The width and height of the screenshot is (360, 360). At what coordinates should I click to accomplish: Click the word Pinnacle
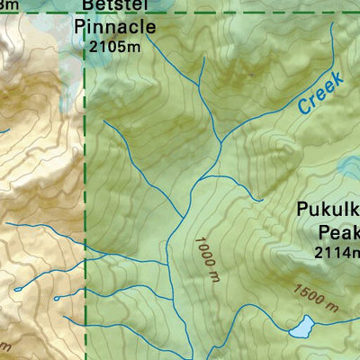click(x=114, y=27)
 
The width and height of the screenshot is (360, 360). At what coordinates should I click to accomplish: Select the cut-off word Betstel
click(x=114, y=6)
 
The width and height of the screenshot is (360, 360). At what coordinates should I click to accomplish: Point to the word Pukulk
click(x=328, y=212)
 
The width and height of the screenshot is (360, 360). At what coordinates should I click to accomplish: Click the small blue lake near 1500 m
click(x=301, y=326)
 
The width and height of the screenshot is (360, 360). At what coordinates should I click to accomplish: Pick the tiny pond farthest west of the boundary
click(x=16, y=289)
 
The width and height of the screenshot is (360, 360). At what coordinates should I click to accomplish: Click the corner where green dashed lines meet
click(x=85, y=13)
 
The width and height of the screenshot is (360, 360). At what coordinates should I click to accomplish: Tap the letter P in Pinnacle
click(x=79, y=27)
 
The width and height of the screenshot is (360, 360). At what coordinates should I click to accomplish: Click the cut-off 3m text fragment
click(x=10, y=5)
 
